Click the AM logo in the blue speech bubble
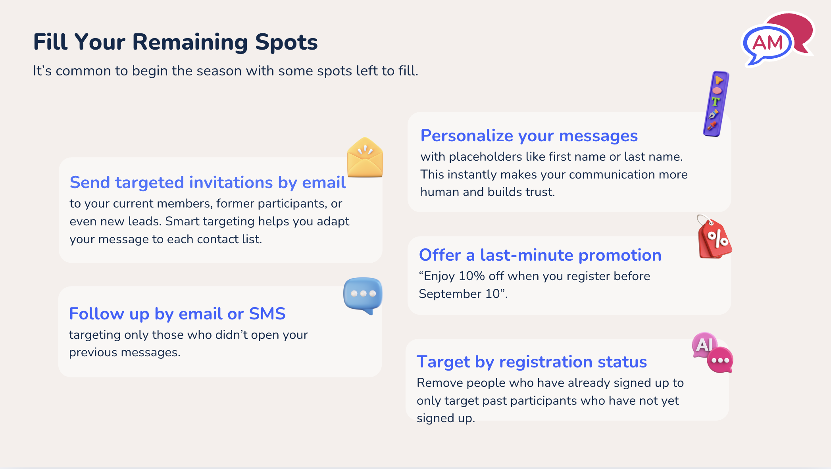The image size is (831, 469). [x=767, y=43]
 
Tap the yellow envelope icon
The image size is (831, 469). [x=365, y=158]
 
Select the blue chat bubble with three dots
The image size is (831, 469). [x=363, y=294]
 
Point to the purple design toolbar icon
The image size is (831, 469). [x=716, y=104]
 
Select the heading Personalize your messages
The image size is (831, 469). [x=529, y=136]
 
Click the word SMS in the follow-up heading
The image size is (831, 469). [x=267, y=314]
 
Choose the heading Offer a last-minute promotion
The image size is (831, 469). [x=540, y=255]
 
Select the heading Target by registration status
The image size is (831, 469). [x=532, y=362]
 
